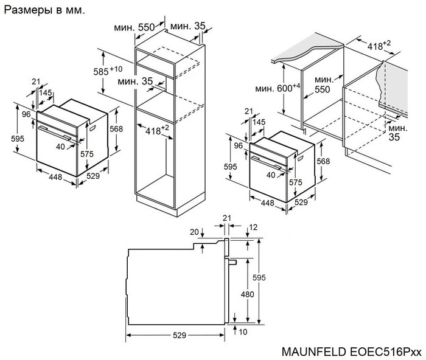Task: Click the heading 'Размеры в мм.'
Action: pos(44,11)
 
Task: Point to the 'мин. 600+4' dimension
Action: pos(278,88)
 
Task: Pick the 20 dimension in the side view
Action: pos(194,232)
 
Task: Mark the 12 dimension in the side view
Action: pos(253,227)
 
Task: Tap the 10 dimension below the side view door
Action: pos(243,332)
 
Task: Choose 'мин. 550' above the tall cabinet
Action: pos(136,27)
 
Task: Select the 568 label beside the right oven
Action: pos(324,161)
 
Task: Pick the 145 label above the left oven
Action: pos(46,92)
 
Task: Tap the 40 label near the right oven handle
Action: pos(271,175)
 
